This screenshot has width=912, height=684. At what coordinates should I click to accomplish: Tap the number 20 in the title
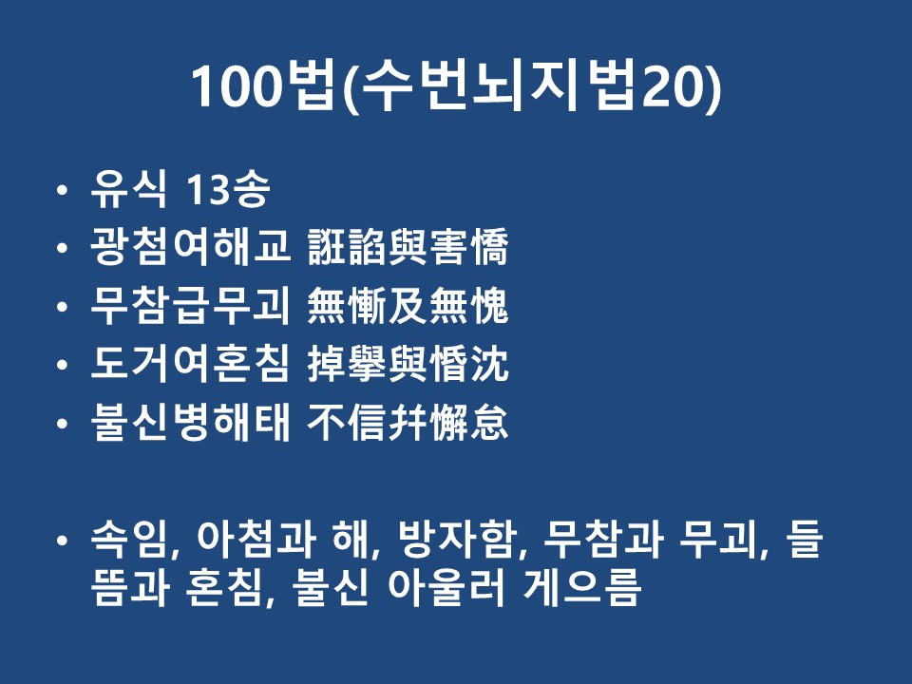672,86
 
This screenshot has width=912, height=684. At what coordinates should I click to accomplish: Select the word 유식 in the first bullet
129,189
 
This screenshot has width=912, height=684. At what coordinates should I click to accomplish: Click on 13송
228,190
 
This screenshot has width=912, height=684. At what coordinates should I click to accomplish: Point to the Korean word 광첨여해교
190,247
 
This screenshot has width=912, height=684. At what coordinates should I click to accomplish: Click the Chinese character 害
449,247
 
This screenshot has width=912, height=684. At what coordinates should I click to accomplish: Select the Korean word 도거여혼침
190,364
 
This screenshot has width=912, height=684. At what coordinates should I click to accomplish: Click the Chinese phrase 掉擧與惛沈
408,364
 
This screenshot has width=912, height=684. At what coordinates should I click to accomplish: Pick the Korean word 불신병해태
190,422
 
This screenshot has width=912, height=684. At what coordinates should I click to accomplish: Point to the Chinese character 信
368,422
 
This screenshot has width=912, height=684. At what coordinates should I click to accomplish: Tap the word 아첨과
256,539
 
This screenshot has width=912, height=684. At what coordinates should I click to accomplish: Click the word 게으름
582,586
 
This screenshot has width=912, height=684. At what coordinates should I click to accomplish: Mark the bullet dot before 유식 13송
63,190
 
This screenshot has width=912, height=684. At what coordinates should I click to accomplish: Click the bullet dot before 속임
63,541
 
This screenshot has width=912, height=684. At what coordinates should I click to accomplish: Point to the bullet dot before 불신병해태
63,424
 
